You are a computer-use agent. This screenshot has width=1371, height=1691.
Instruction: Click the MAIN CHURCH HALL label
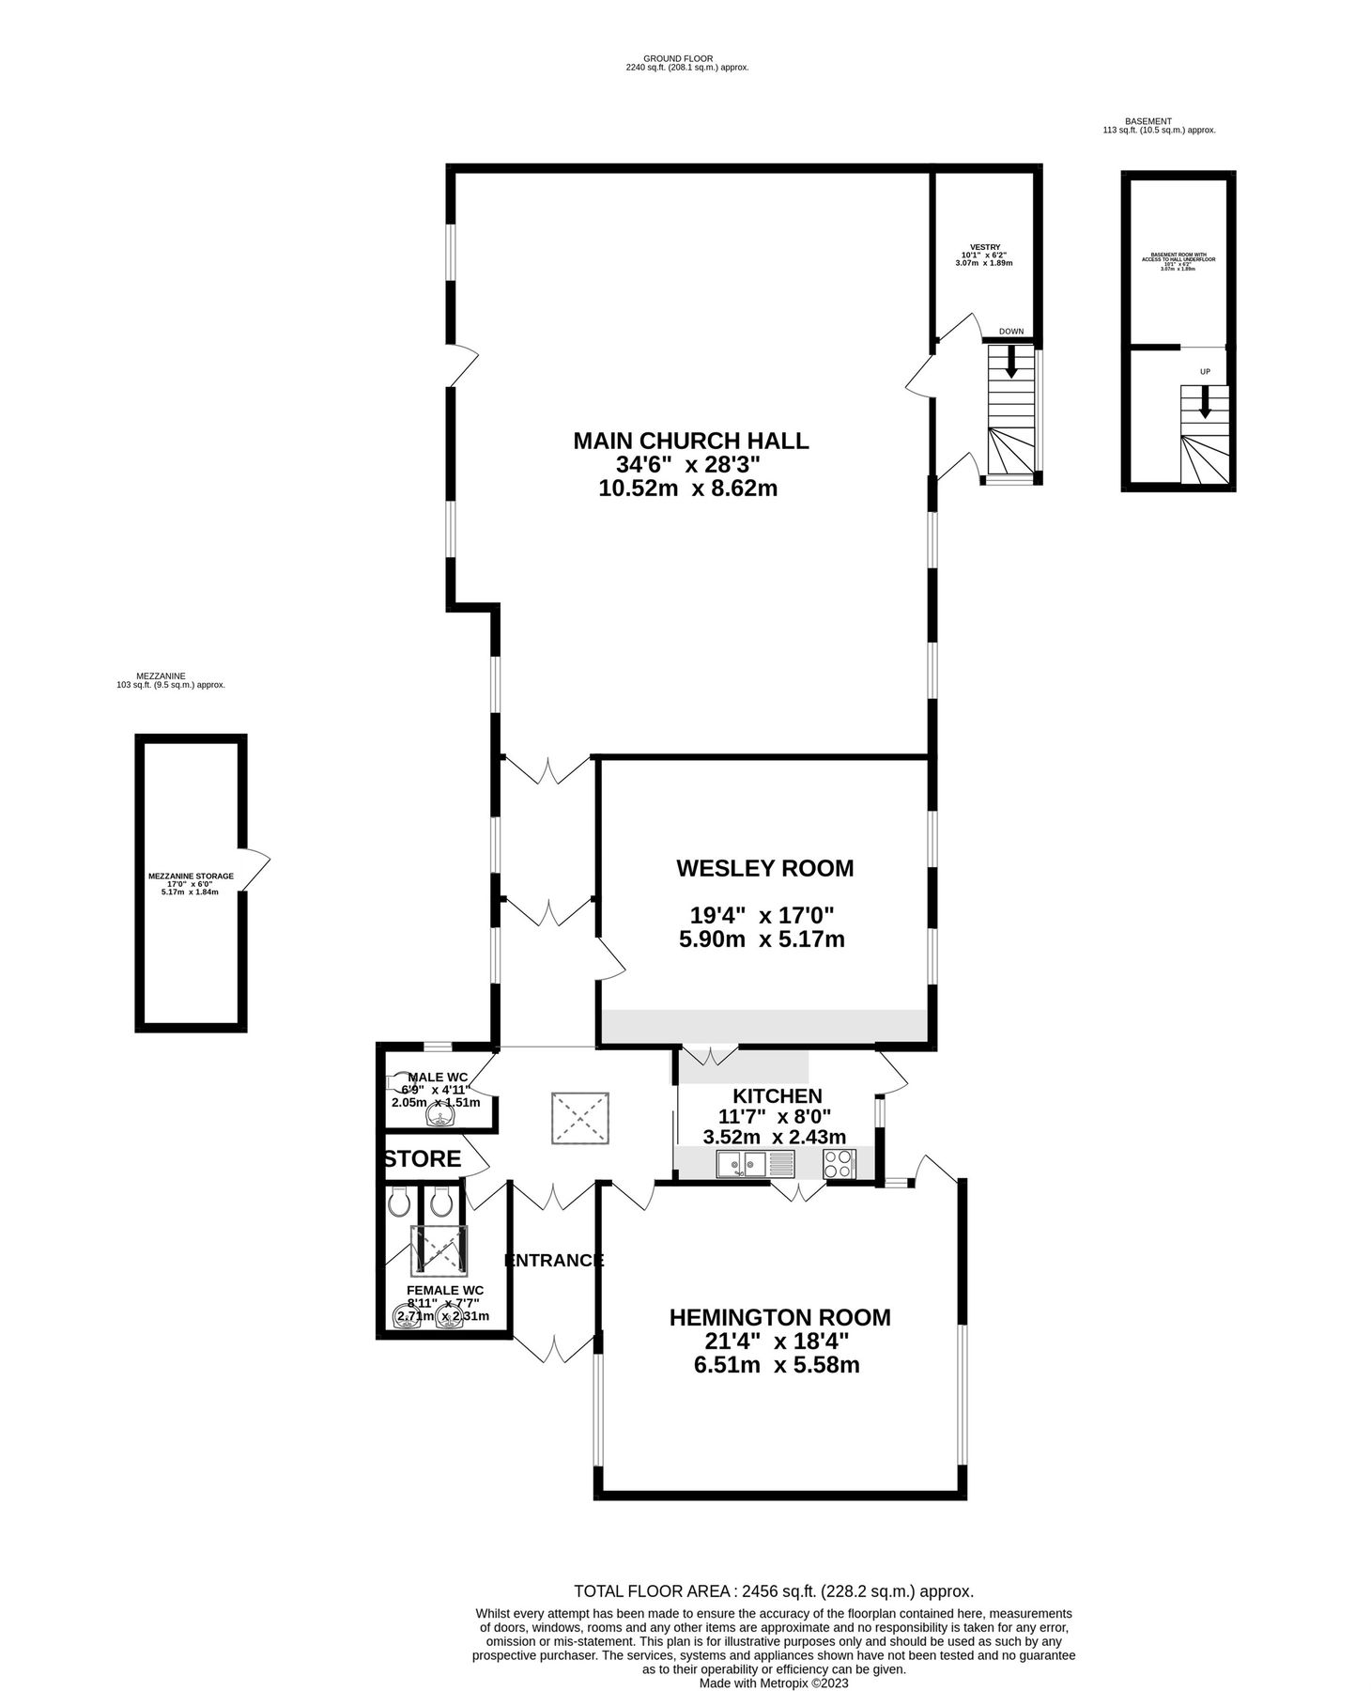point(690,441)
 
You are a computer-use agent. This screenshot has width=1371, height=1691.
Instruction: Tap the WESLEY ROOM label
point(764,868)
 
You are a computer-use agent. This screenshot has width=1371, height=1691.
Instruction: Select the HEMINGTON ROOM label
point(779,1317)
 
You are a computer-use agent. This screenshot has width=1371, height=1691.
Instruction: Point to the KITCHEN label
point(777,1095)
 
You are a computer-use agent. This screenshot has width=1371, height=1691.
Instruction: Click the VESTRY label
point(984,247)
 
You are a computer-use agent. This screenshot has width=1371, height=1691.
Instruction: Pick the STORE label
point(424,1159)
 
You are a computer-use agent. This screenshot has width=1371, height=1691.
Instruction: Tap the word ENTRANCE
point(554,1261)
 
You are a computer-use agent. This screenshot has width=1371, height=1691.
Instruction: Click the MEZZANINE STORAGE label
point(191,876)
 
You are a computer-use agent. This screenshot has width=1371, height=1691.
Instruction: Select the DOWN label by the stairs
point(1010,332)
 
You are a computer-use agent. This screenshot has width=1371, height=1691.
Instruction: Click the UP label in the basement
point(1205,372)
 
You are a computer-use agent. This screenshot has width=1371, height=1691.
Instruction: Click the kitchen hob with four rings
point(839,1165)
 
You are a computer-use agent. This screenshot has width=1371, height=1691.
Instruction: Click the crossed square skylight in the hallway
point(580,1117)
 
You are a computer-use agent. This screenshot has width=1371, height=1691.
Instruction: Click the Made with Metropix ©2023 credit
point(773,1683)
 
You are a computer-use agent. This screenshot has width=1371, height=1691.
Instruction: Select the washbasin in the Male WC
point(439,1115)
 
